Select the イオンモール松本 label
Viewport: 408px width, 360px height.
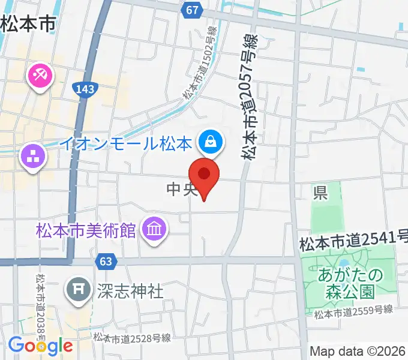click(126, 144)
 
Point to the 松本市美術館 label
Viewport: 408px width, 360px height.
click(86, 230)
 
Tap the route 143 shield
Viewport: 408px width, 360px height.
click(85, 89)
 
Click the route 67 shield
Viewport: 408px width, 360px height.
click(192, 11)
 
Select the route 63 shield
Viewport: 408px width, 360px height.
click(105, 262)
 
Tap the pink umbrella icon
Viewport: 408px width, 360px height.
click(40, 76)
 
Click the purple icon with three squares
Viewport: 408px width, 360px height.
click(33, 157)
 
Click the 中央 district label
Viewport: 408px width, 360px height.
click(181, 190)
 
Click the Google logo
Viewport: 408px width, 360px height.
click(40, 345)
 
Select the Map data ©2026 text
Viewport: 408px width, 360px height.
click(357, 350)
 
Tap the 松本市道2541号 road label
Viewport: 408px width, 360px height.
click(353, 242)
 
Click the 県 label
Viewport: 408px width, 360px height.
click(320, 193)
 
